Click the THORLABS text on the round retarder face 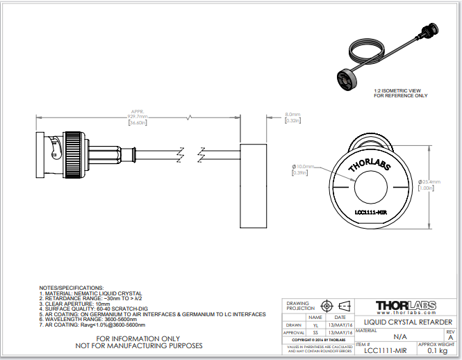coord(368,165)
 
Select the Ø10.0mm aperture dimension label coord(302,170)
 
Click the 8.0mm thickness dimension coord(292,117)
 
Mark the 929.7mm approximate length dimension coord(138,119)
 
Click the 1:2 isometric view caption coord(401,93)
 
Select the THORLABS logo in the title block coord(405,306)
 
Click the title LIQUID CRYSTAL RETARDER coord(405,321)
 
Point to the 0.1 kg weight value coord(437,352)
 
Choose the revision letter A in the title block coord(450,337)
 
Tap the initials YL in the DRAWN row coord(315,325)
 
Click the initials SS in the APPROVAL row coord(315,333)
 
